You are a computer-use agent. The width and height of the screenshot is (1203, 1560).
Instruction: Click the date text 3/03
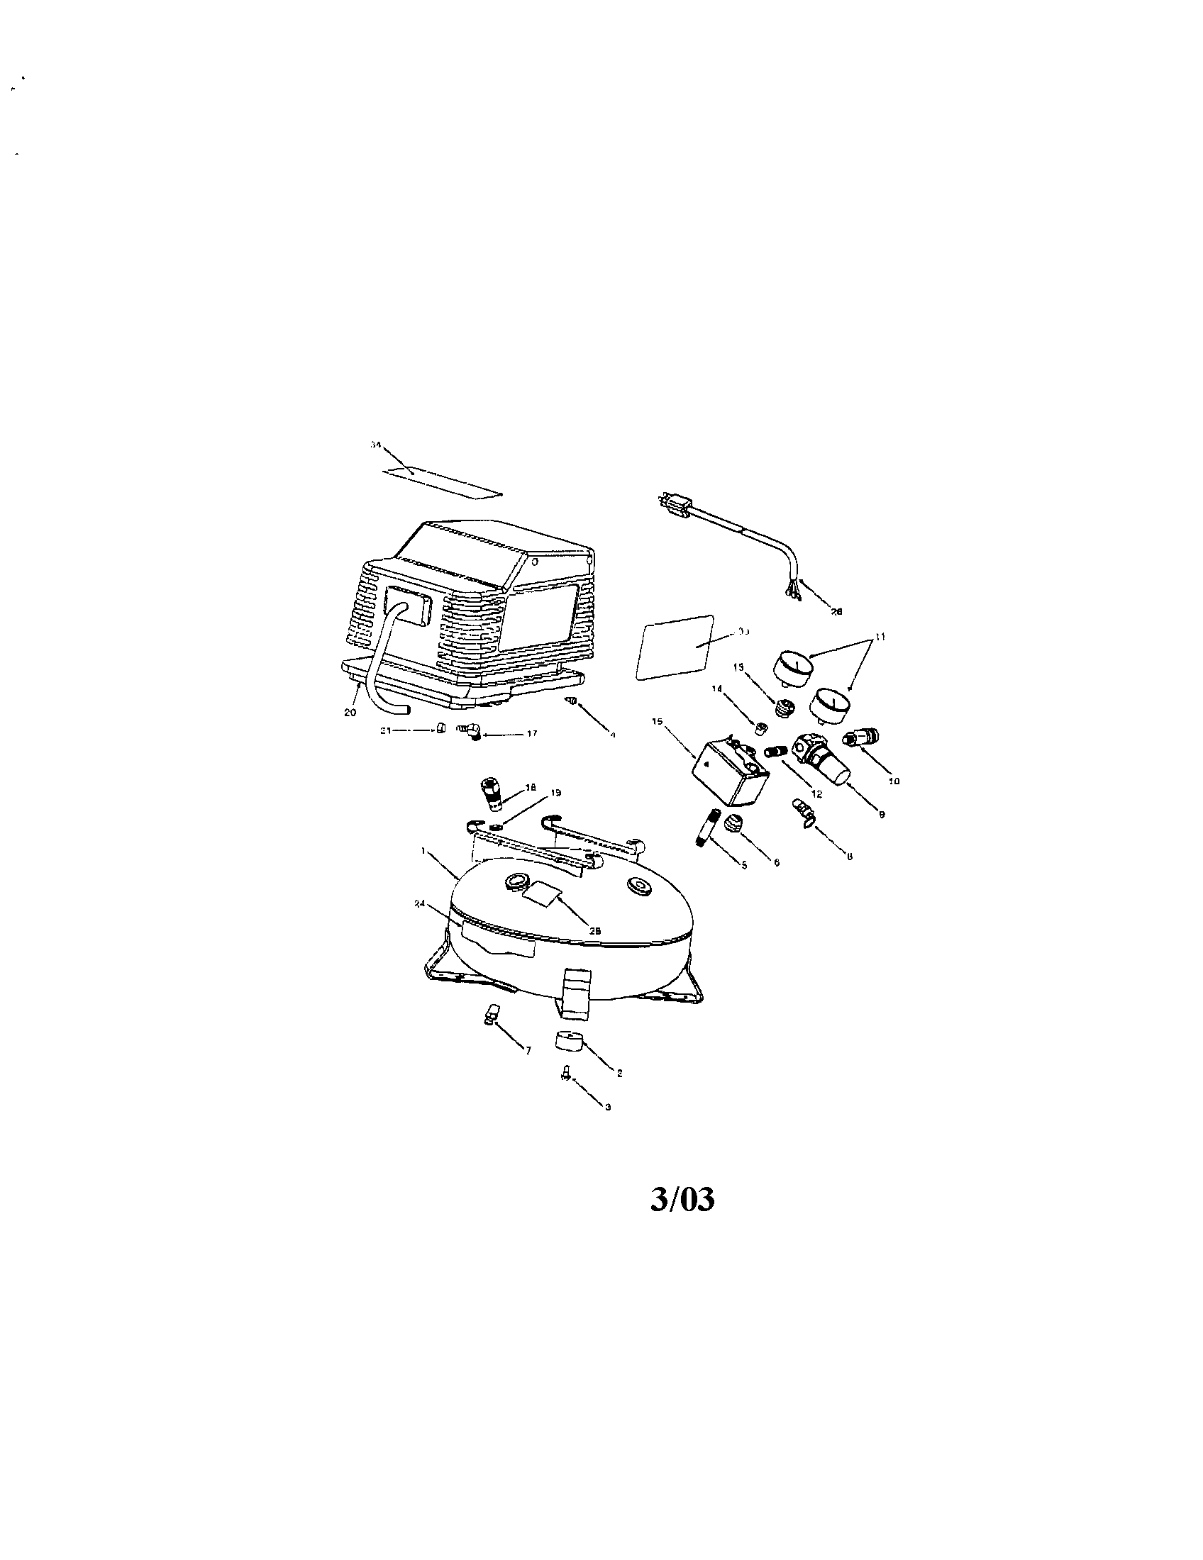click(x=682, y=1200)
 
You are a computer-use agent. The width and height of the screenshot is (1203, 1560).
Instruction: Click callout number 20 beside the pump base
click(x=350, y=713)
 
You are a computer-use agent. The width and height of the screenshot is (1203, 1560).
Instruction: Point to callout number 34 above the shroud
click(x=375, y=445)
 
